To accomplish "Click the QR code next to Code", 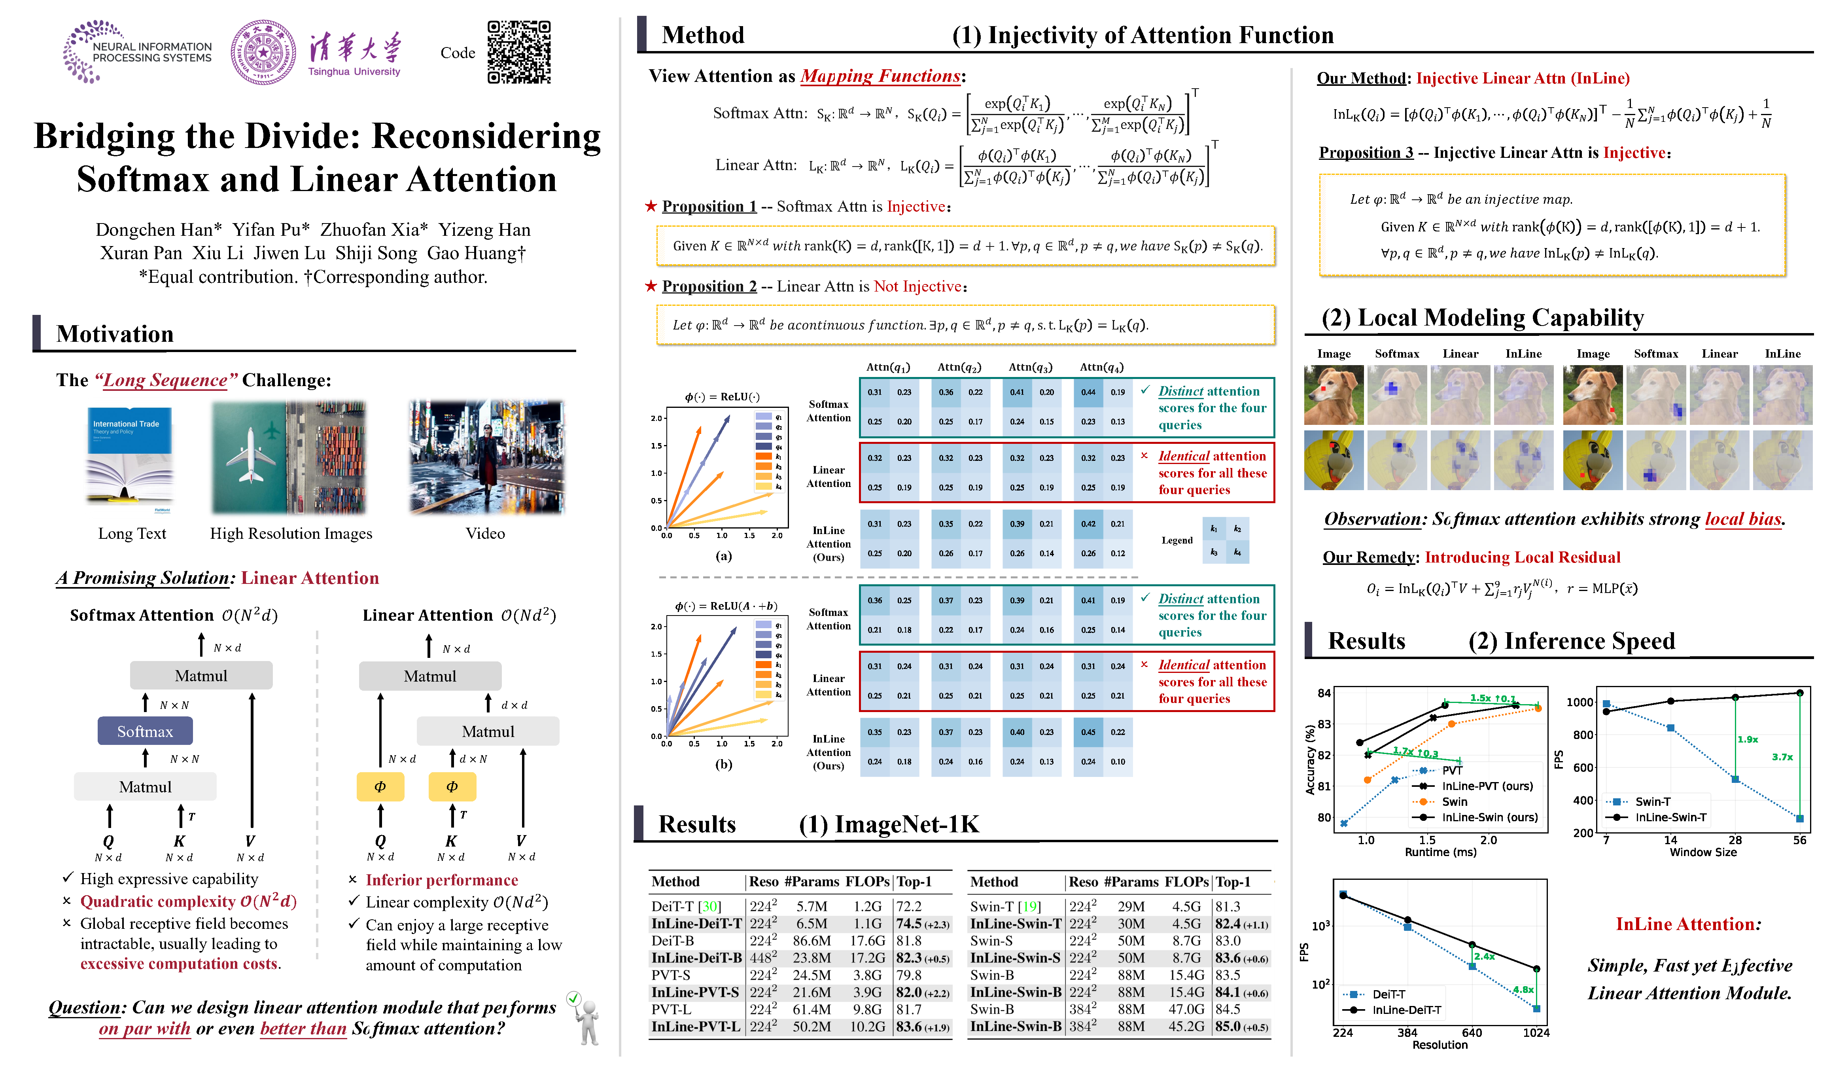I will coord(518,52).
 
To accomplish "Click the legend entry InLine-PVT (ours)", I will coord(1487,786).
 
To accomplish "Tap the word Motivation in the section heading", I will coord(115,334).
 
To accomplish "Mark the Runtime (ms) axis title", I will coord(1440,852).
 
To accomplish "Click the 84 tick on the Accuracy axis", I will coord(1324,693).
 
